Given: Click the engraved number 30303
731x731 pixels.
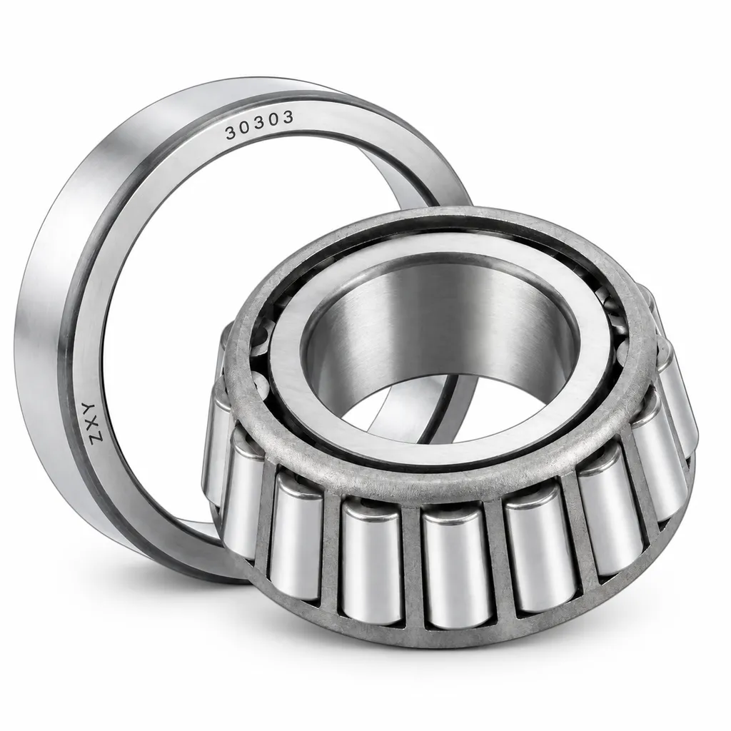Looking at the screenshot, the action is [x=260, y=125].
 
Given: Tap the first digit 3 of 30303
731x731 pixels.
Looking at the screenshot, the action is [x=231, y=133].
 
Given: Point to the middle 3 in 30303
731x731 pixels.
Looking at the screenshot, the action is [x=260, y=124].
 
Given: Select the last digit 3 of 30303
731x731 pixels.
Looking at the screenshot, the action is [x=288, y=118].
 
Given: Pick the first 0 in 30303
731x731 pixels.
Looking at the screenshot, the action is [x=246, y=128].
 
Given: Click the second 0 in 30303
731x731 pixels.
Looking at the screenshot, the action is [x=275, y=120].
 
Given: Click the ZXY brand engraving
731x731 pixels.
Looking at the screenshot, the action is [x=89, y=421].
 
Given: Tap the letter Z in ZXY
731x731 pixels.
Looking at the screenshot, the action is [x=91, y=436].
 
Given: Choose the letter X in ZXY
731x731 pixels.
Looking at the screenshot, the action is [x=89, y=421].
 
